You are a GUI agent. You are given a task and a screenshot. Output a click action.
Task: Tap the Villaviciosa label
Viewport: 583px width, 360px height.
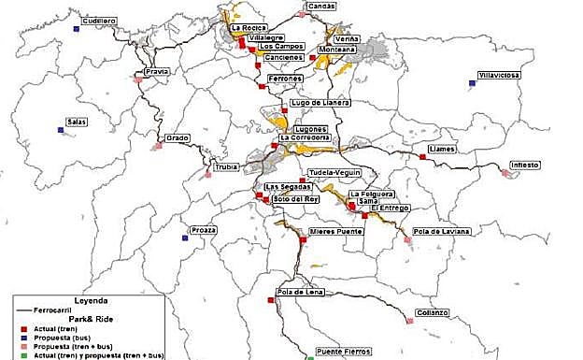click(x=499, y=75)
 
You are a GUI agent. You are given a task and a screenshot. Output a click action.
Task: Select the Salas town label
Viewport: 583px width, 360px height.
click(x=77, y=122)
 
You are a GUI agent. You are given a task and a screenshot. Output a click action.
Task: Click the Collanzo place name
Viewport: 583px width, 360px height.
click(x=434, y=312)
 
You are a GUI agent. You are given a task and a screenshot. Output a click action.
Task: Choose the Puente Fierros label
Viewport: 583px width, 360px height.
click(x=343, y=352)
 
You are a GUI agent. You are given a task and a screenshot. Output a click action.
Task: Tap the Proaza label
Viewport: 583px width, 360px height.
click(x=203, y=230)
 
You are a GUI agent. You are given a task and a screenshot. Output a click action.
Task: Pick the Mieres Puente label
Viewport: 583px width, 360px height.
click(x=335, y=231)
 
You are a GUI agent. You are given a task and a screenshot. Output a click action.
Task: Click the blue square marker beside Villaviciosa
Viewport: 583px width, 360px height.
click(x=473, y=83)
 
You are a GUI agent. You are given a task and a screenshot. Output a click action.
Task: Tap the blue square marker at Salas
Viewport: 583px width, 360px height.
click(x=61, y=130)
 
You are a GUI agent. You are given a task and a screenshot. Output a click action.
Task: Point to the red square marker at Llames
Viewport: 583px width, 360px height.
click(x=422, y=157)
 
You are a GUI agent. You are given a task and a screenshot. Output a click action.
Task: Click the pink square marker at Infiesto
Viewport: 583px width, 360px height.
click(x=503, y=173)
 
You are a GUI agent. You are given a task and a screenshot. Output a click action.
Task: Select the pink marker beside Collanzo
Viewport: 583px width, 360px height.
click(x=410, y=321)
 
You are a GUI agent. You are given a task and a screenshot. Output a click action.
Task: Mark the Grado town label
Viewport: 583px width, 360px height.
click(x=178, y=138)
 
